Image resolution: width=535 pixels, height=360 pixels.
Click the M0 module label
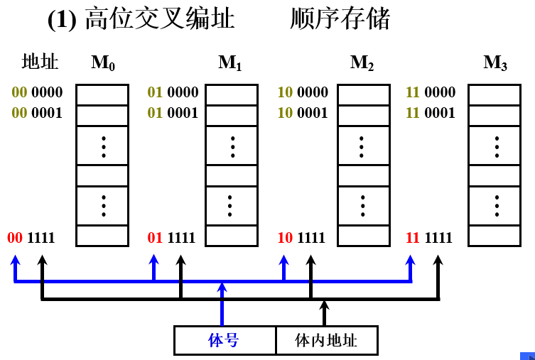[103, 63]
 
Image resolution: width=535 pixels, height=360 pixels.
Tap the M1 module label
[230, 63]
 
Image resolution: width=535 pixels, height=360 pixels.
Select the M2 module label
[362, 63]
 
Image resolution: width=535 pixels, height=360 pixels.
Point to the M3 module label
[495, 63]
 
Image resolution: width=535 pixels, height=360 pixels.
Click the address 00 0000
[37, 92]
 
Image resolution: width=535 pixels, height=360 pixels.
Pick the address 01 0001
[173, 113]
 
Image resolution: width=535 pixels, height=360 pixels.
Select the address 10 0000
[303, 92]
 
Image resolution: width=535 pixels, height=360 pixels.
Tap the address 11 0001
[430, 113]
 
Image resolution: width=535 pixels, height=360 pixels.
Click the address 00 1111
[31, 237]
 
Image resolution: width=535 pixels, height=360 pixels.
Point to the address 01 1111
[171, 237]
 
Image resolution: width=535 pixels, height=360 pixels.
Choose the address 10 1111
[301, 237]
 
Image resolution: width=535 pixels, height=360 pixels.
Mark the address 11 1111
[428, 237]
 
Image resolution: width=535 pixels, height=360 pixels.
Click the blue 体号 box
[225, 340]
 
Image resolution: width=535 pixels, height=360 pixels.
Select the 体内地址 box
[326, 340]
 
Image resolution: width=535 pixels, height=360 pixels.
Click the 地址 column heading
[40, 62]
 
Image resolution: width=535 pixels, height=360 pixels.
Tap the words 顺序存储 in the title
[340, 19]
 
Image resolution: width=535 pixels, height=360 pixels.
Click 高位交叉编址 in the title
[159, 19]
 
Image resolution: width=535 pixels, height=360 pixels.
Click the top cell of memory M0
[102, 94]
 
